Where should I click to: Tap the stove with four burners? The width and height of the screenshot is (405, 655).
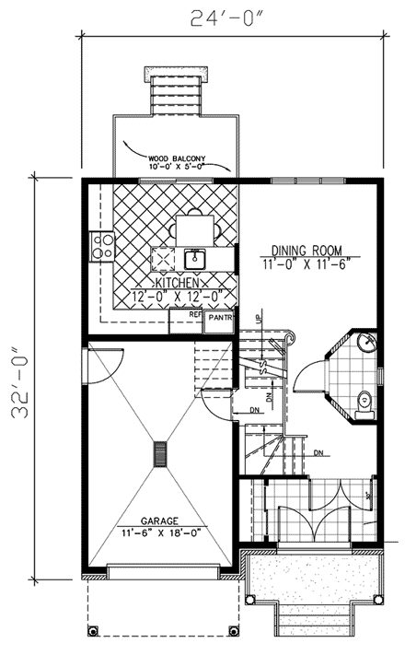click(101, 245)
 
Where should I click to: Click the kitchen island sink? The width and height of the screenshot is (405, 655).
click(194, 257)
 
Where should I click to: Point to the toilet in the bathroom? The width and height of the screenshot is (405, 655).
click(364, 402)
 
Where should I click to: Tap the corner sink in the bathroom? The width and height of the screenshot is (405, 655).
click(366, 344)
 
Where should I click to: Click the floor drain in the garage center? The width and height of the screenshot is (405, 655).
click(161, 454)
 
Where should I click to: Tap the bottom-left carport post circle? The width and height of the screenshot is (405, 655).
click(92, 630)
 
